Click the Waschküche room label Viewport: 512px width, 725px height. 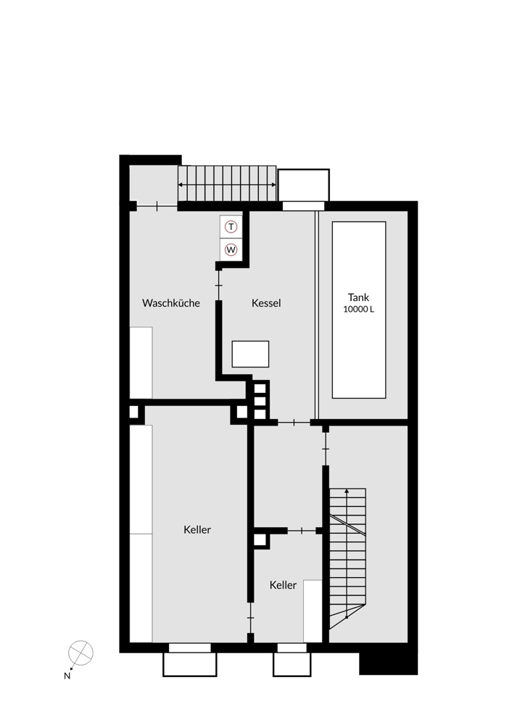[171, 303]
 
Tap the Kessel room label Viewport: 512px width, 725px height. [266, 303]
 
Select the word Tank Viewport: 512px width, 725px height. [358, 297]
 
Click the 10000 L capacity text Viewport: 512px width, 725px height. [358, 310]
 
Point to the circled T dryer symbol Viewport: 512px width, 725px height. [231, 227]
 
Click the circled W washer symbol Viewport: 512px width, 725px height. [231, 249]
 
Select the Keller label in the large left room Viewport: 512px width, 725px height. [197, 530]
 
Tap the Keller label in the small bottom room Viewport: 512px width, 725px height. [283, 585]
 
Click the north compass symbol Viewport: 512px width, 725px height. [80, 652]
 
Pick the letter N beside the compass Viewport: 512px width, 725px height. [67, 676]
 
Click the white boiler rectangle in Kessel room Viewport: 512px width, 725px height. [250, 354]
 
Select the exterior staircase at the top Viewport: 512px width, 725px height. [227, 184]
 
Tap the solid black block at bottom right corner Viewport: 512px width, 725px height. [389, 663]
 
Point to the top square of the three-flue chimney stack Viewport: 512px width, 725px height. [260, 389]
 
